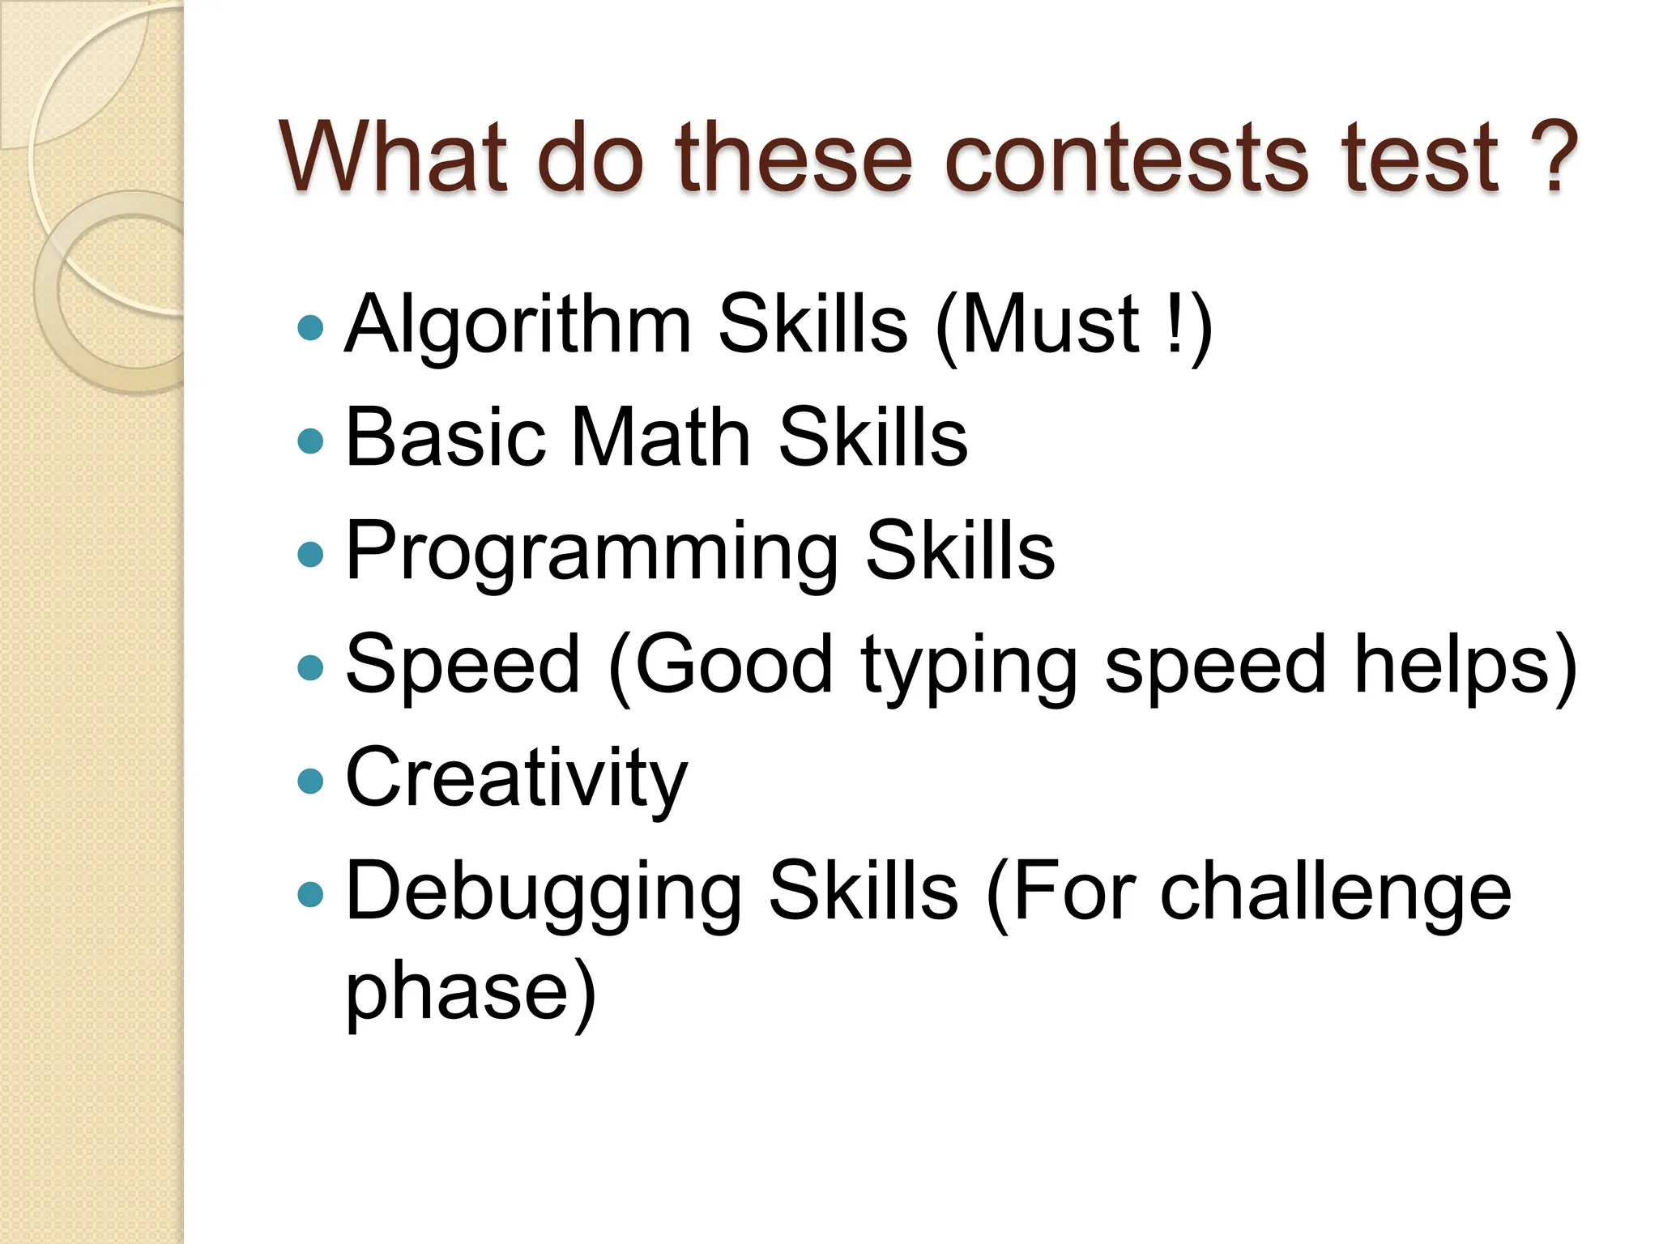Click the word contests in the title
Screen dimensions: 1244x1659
1125,157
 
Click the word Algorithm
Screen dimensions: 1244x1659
518,326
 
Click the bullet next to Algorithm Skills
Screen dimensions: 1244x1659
310,327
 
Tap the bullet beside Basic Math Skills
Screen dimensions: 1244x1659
310,441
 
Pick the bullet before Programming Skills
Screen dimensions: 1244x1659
310,554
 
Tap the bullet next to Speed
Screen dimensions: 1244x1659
310,667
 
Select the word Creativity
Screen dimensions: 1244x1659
516,779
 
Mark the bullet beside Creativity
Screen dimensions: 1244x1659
310,781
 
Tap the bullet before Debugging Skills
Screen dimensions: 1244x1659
310,894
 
